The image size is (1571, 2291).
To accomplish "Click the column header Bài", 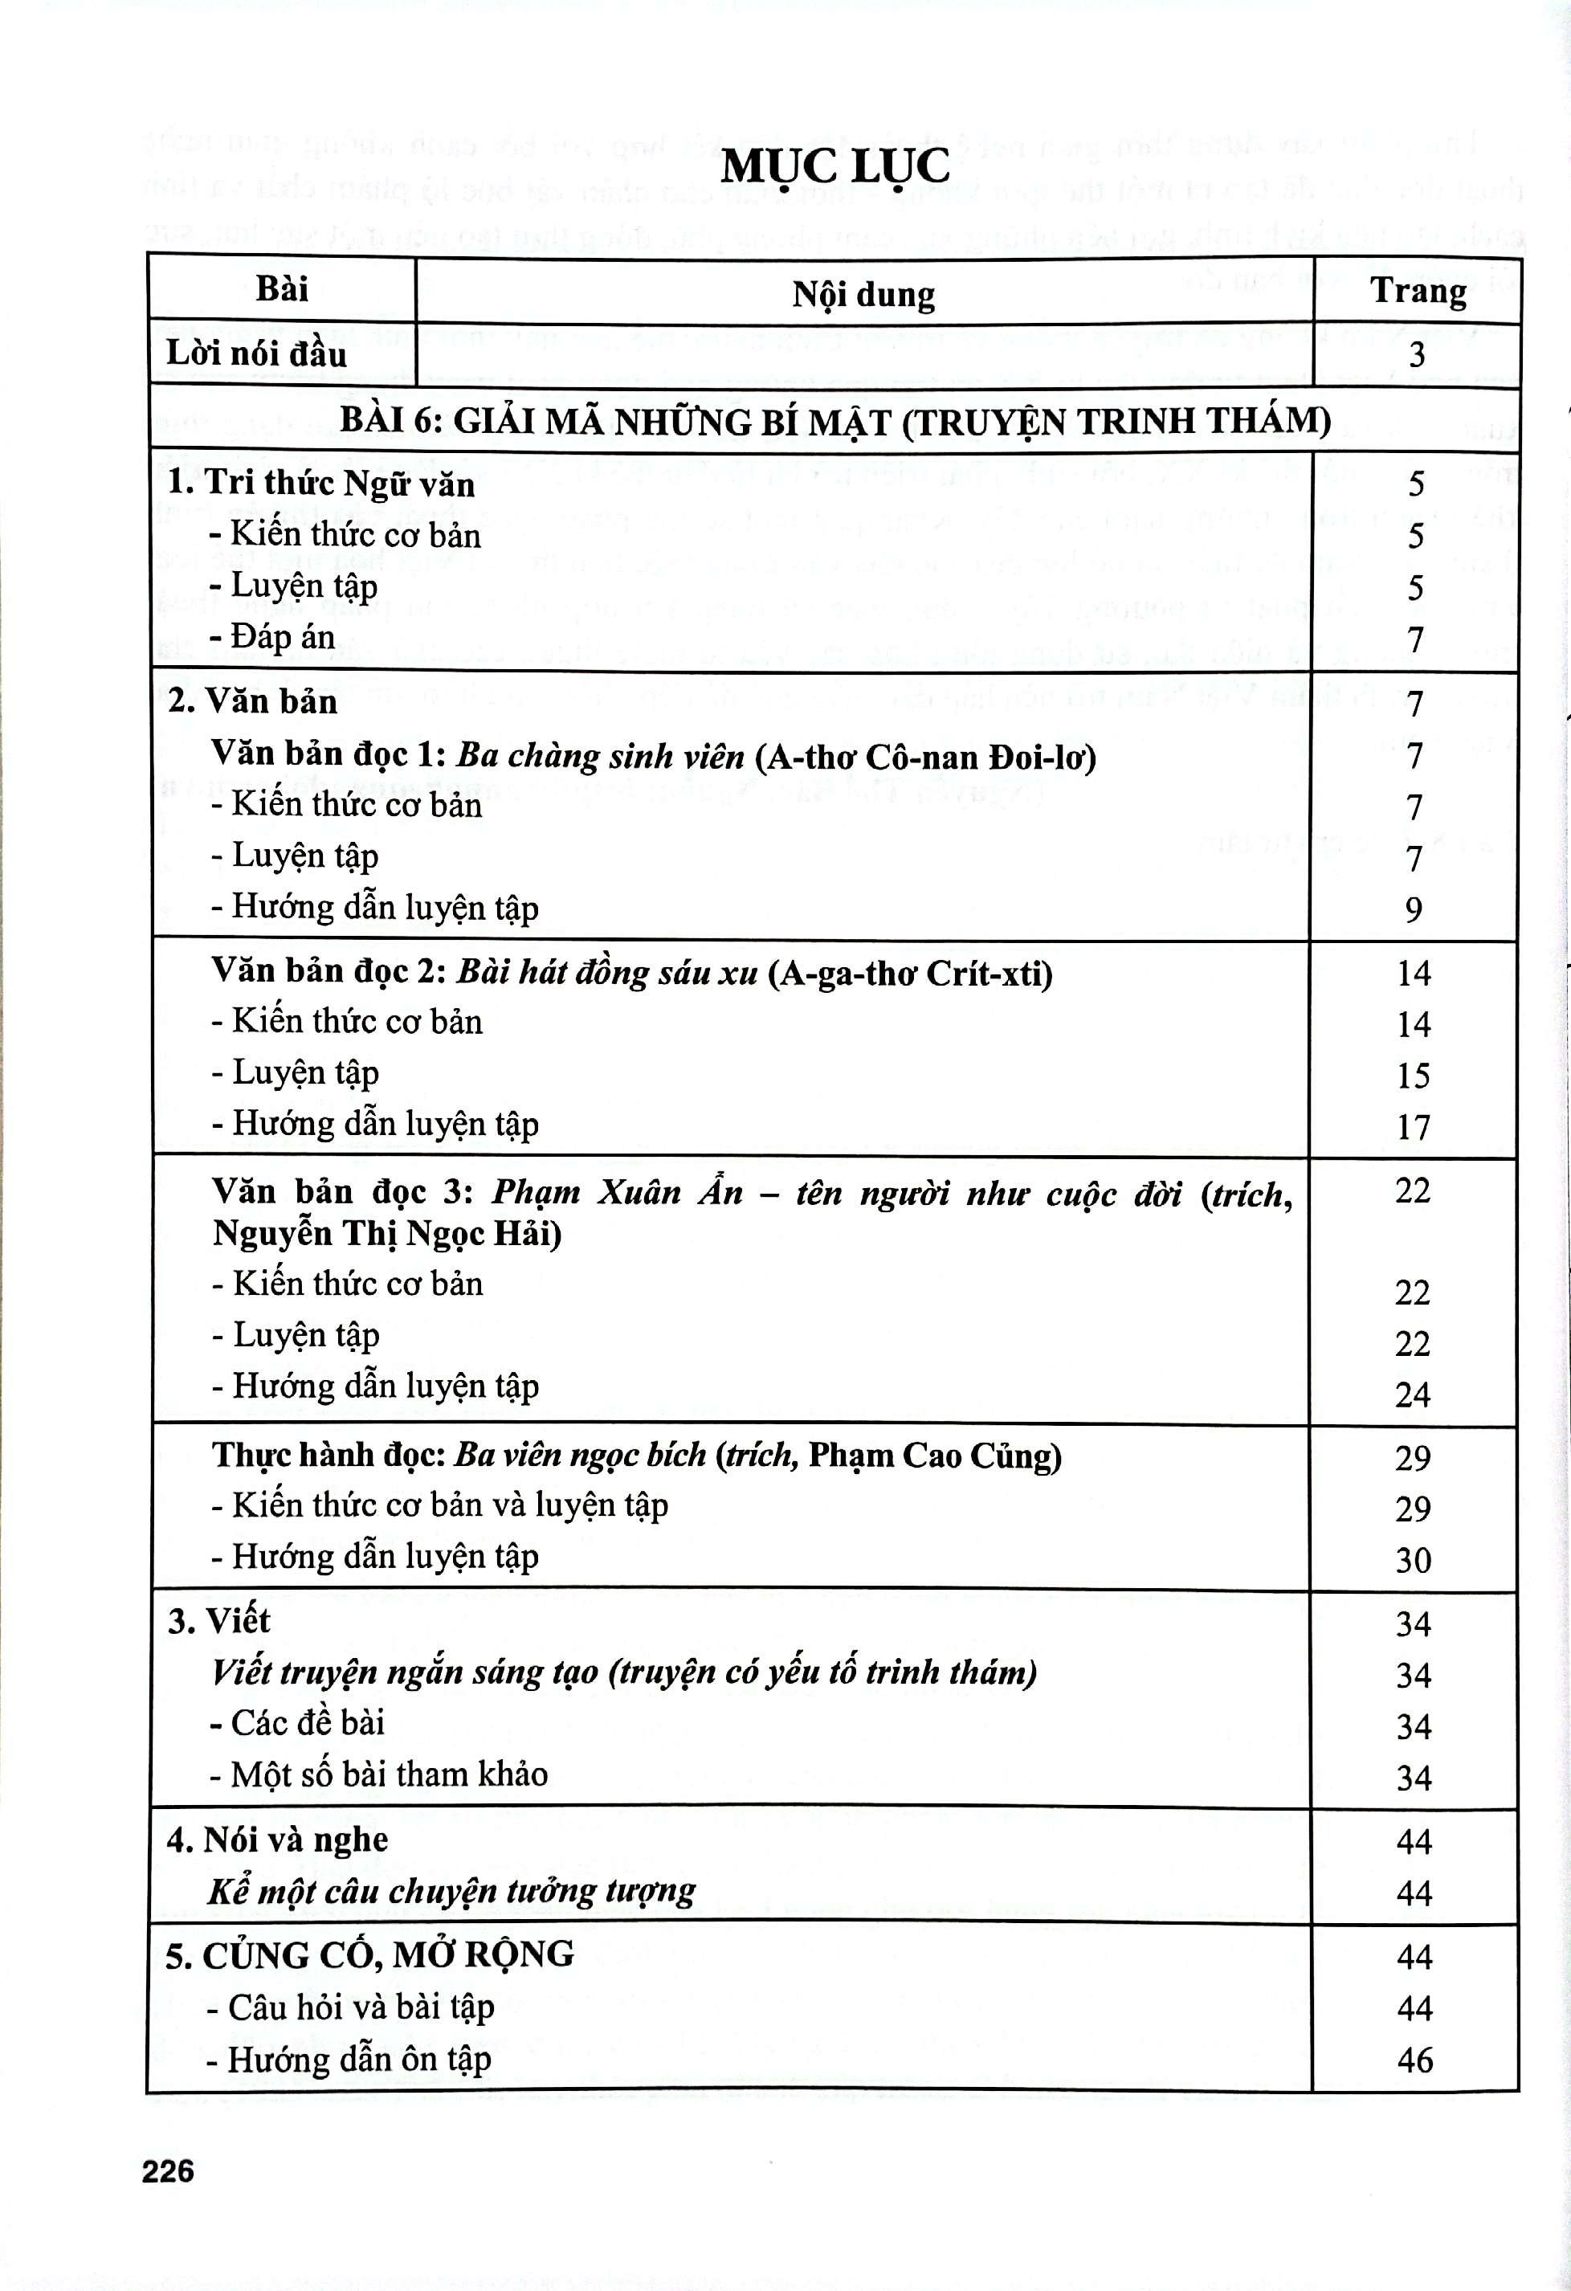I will [x=282, y=290].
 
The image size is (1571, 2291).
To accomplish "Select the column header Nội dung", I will [x=863, y=294].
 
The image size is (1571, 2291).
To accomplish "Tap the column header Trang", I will [x=1418, y=292].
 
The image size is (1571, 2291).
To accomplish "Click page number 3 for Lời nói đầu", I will [x=1416, y=355].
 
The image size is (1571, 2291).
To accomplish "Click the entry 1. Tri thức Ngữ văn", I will [x=321, y=484].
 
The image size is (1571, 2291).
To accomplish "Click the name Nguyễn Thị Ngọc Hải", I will [x=386, y=1234].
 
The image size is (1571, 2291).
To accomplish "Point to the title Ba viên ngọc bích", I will [x=580, y=1455].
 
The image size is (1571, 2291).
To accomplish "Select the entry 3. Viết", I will [x=218, y=1621].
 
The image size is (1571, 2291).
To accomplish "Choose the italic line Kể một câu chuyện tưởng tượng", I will [x=452, y=1891].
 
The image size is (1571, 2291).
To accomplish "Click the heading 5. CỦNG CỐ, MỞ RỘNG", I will [x=369, y=1954].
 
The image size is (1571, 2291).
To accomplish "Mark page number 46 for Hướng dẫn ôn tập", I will [x=1414, y=2060].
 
